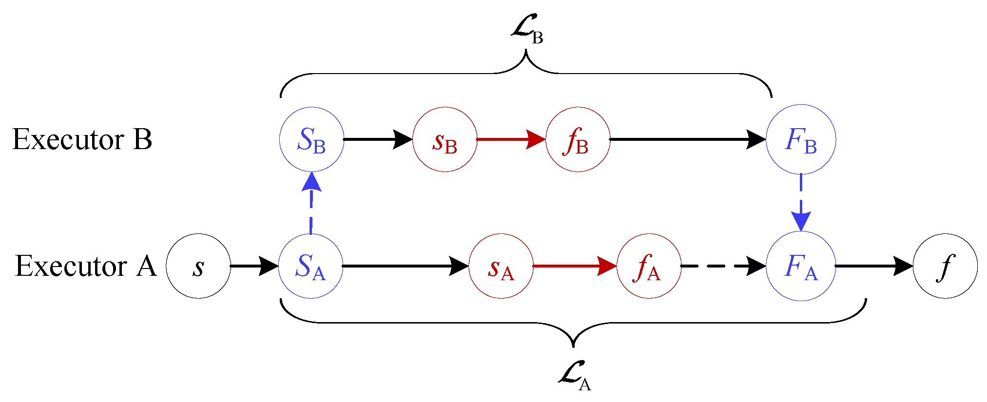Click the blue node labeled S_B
coord(311,139)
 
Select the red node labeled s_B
coord(445,139)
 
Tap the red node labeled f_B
coord(578,139)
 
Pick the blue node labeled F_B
coord(801,139)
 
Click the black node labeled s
coord(198,266)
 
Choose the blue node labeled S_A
coord(310,266)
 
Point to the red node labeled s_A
coord(501,266)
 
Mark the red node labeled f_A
coord(649,266)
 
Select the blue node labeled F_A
coord(801,266)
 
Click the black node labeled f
coord(945,266)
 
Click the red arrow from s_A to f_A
coord(574,266)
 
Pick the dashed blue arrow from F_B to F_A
coord(801,202)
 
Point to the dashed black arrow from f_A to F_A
coord(723,266)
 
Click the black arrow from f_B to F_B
coord(687,139)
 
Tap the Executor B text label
coord(82,139)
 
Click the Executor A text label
coord(86,266)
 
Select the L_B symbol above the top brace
coord(527,31)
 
